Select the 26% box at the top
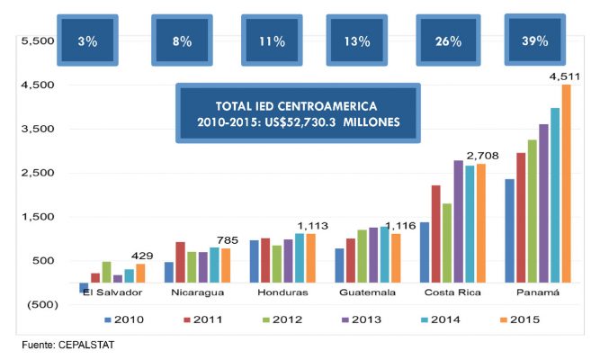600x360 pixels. click(x=449, y=40)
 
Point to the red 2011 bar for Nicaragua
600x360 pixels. click(x=181, y=261)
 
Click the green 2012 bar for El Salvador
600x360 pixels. click(x=107, y=272)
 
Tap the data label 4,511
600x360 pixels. click(x=564, y=76)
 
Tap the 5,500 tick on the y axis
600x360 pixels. click(x=33, y=41)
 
